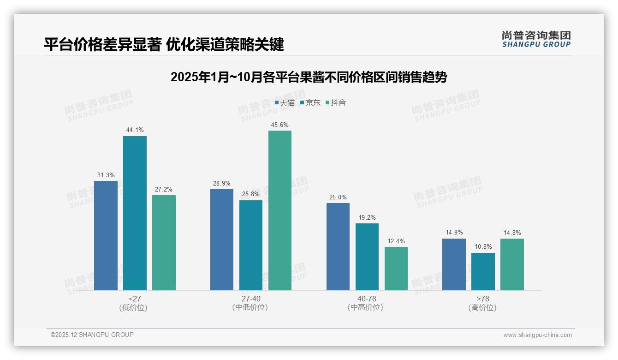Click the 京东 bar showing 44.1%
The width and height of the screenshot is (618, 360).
click(x=135, y=213)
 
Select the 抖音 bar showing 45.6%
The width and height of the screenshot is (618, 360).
click(x=280, y=210)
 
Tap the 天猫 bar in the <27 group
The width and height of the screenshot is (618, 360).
click(x=106, y=235)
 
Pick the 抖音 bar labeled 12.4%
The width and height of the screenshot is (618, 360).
click(x=396, y=269)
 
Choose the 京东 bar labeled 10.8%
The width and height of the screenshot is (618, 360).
click(x=483, y=271)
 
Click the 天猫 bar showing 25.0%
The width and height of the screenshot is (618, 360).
click(x=338, y=246)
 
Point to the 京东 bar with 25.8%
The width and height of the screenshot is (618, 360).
click(x=251, y=245)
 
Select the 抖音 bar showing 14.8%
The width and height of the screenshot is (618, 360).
click(x=512, y=264)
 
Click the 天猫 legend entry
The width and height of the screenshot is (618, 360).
click(x=285, y=103)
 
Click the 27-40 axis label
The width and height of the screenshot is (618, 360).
click(x=250, y=299)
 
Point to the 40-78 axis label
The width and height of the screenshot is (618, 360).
click(x=367, y=299)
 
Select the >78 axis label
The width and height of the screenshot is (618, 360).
click(x=482, y=299)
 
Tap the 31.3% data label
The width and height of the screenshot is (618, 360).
click(x=106, y=175)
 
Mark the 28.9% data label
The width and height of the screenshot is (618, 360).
click(x=222, y=183)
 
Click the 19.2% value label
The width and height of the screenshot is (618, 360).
click(x=367, y=217)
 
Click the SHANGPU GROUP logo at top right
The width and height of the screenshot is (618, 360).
click(x=536, y=39)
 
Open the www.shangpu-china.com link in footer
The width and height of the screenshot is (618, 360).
click(x=537, y=335)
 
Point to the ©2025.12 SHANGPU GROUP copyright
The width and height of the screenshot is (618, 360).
click(x=92, y=335)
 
